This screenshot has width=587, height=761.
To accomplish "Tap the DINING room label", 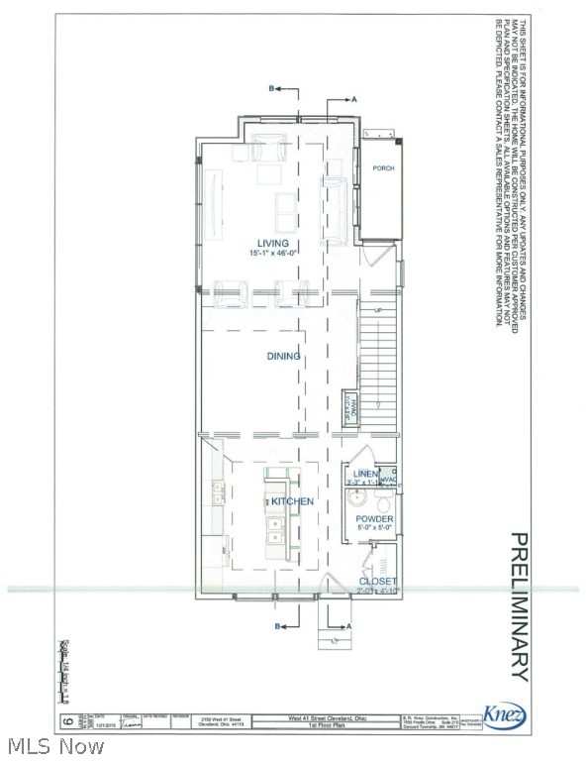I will tap(283, 356).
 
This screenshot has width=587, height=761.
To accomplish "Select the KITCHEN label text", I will tap(293, 501).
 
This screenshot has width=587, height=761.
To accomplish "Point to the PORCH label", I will tap(383, 168).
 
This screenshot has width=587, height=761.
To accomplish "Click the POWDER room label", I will tap(375, 519).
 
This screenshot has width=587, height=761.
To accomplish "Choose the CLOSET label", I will tap(378, 581).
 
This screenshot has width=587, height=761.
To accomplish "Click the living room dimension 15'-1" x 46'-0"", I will tap(272, 254).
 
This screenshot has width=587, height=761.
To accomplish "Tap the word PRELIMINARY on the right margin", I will tap(519, 606).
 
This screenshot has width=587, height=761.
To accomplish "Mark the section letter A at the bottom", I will tap(349, 626).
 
